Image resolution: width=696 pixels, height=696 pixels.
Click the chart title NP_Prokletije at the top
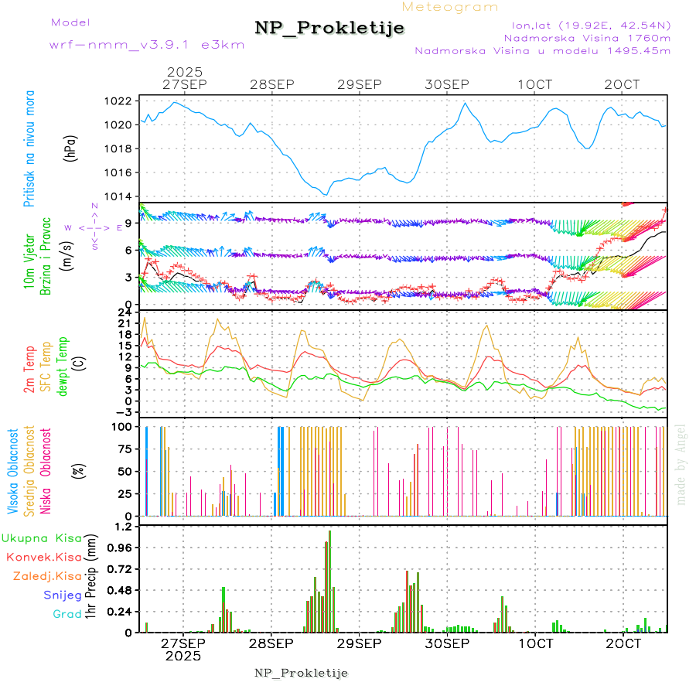tap(329, 29)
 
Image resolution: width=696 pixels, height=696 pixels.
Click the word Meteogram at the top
tap(450, 7)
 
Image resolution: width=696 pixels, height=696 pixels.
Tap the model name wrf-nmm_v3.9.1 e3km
tap(147, 45)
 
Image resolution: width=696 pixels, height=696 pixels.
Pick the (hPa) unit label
tap(70, 148)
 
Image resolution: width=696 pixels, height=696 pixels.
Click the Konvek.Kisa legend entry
tap(44, 557)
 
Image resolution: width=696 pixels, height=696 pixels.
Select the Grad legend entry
tap(67, 614)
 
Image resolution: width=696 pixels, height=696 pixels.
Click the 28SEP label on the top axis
tap(271, 84)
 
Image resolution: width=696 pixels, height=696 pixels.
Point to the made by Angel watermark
tap(681, 464)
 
